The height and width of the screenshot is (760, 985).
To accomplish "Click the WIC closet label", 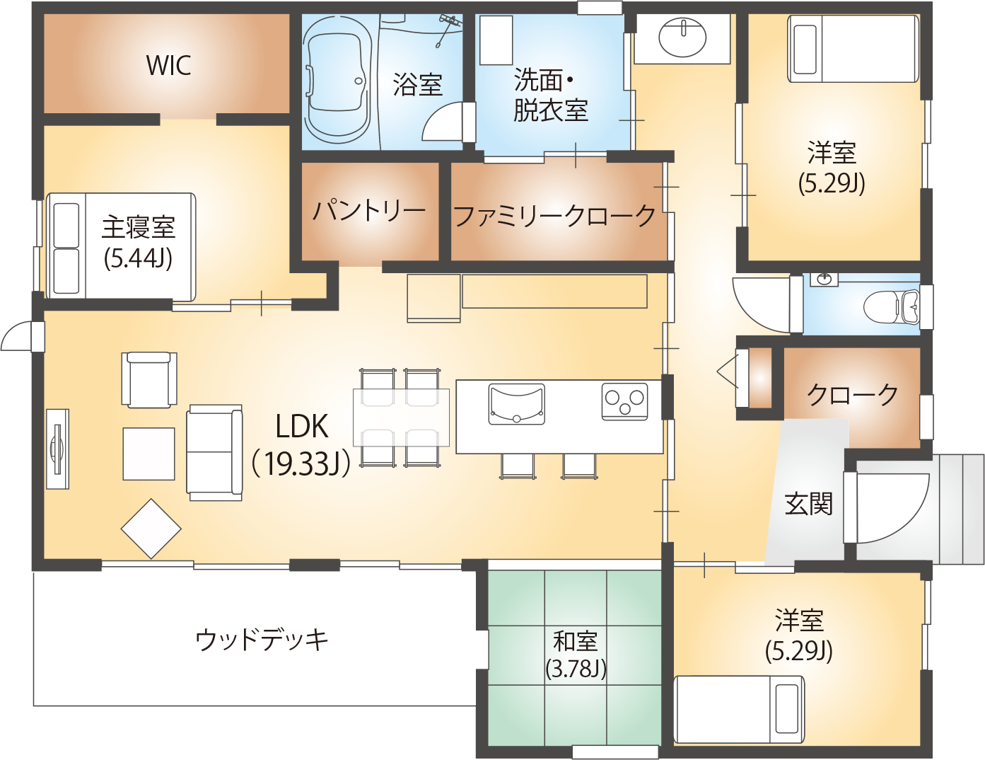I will [168, 65].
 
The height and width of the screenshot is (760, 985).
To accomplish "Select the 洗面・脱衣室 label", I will [550, 96].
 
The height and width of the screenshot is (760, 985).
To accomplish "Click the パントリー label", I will [369, 210].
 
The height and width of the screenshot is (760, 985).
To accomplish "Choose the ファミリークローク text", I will [555, 215].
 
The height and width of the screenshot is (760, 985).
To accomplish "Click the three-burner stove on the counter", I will [624, 401].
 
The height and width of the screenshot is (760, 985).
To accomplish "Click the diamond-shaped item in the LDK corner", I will [151, 529].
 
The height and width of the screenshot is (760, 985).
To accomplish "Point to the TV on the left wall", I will [57, 449].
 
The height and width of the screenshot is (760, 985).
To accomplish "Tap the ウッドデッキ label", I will [262, 640].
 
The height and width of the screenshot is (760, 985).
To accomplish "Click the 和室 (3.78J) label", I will [576, 655].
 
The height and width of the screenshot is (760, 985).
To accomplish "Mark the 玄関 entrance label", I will [809, 504].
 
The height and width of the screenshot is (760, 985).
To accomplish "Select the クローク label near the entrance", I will [852, 394].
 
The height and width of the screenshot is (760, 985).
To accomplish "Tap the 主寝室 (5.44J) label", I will [138, 242].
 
